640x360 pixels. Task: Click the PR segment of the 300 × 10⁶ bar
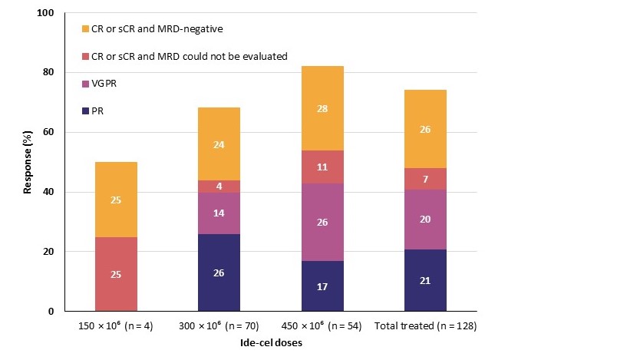click(219, 272)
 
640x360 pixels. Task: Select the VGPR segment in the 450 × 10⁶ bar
click(322, 222)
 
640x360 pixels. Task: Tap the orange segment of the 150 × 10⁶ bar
click(116, 200)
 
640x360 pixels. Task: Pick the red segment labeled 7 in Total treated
click(425, 178)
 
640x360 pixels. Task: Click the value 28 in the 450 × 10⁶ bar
click(322, 108)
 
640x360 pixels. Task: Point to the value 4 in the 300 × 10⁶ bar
click(219, 187)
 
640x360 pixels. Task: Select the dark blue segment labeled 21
click(425, 280)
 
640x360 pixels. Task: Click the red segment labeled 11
click(322, 167)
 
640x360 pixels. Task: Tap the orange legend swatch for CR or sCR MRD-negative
click(86, 28)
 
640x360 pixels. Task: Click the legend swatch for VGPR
click(86, 83)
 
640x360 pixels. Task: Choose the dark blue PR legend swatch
click(86, 111)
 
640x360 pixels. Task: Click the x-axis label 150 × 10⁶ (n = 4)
click(116, 326)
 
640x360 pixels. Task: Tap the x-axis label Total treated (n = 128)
click(425, 326)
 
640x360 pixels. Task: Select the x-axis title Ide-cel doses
click(271, 343)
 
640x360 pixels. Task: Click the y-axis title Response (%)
click(28, 162)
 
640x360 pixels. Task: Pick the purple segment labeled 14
click(219, 213)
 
